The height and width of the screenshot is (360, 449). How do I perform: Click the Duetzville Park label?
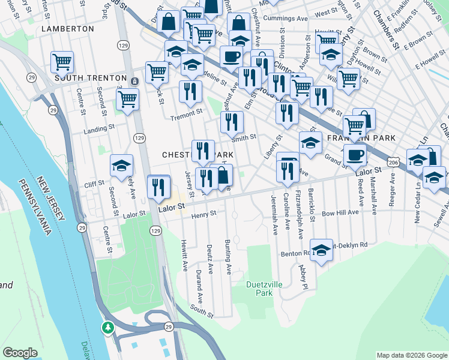coord(260,289)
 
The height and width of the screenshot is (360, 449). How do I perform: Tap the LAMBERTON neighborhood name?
coord(68,28)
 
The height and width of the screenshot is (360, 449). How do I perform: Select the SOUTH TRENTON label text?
coord(90,78)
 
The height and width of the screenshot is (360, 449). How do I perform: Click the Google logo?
coord(20,353)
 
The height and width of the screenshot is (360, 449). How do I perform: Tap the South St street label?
coord(202,311)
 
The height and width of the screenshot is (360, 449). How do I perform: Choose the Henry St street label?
coord(203,213)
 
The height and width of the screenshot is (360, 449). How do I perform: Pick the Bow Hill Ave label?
coord(340,212)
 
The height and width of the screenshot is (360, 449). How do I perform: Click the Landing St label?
coord(99,128)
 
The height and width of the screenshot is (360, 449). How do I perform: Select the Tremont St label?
coord(186,113)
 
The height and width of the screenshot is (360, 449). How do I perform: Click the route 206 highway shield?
coord(394,163)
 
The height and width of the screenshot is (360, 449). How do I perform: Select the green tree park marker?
coord(108,328)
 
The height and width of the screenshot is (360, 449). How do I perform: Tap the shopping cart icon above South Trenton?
coord(62,62)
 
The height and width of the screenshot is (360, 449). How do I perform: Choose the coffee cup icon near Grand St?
coord(355,155)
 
